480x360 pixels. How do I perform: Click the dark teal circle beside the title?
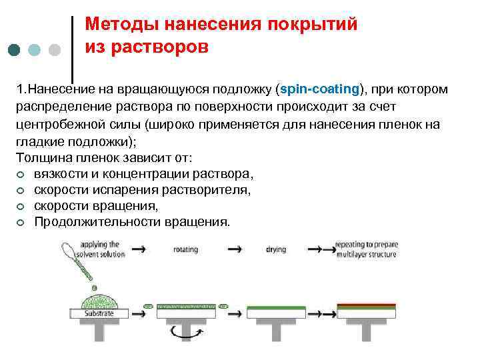(15, 50)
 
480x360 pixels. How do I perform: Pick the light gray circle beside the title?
(55, 50)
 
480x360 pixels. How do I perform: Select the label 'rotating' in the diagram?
(185, 250)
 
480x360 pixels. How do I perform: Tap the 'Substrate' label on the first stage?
(100, 312)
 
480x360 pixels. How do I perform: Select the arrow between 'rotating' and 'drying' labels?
(235, 249)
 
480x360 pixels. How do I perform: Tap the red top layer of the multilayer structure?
(367, 305)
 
